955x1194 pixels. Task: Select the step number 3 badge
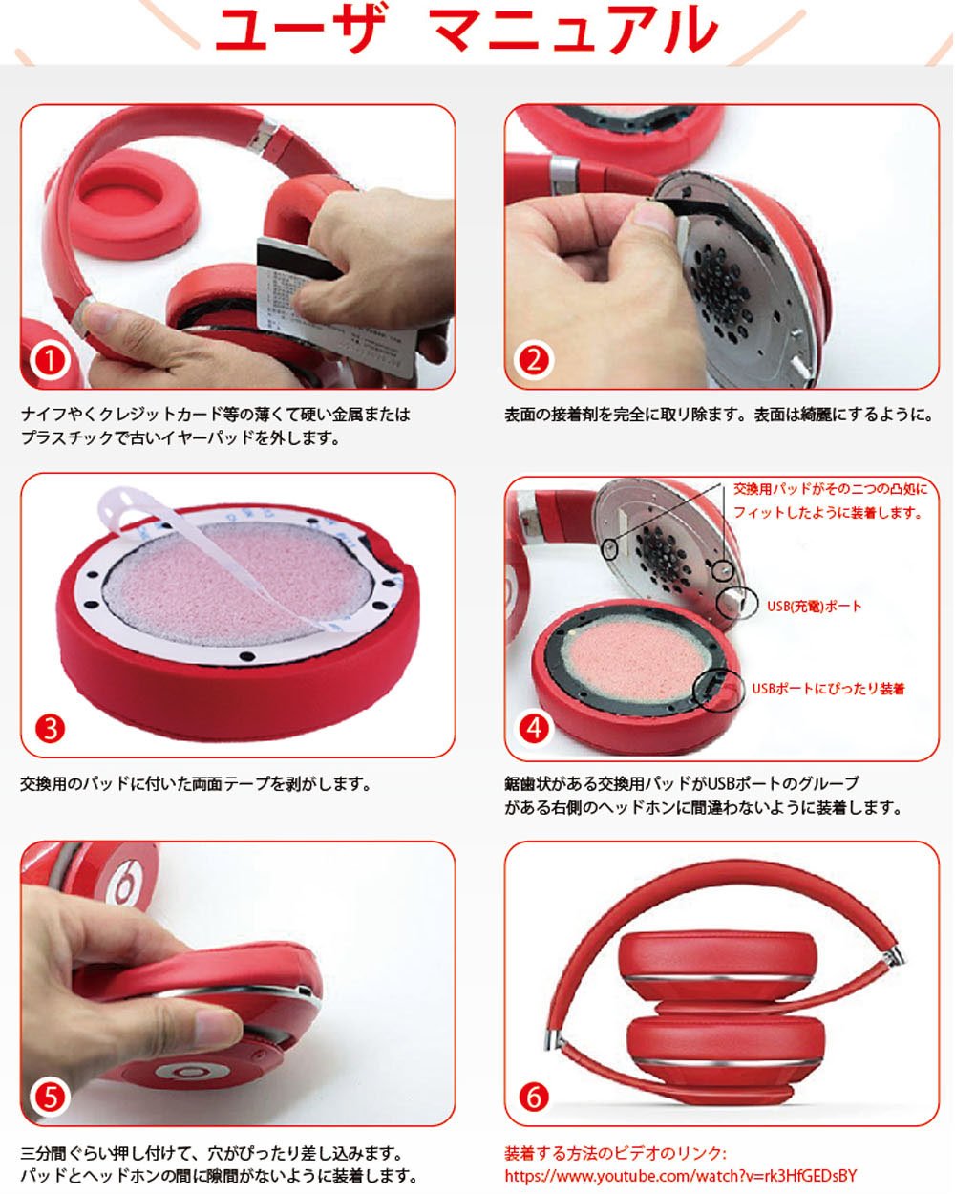click(50, 729)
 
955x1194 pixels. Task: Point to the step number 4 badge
click(534, 729)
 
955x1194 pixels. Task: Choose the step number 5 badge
click(50, 1097)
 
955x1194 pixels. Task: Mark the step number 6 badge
click(534, 1097)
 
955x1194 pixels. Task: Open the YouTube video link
click(680, 1175)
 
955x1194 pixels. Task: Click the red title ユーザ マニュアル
click(466, 29)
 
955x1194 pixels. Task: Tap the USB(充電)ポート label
click(814, 606)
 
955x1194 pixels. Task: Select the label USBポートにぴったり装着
click(828, 689)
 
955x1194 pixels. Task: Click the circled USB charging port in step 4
click(736, 603)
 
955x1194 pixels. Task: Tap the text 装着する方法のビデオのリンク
click(615, 1152)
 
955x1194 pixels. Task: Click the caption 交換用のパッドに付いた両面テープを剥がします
click(196, 783)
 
